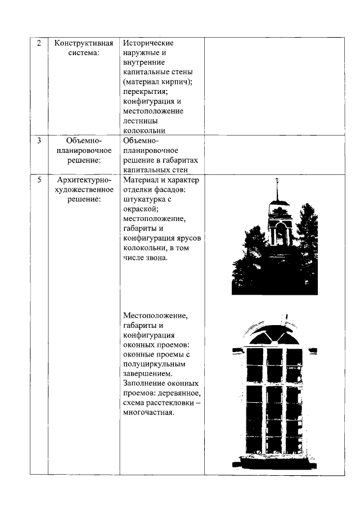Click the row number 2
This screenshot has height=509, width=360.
click(39, 43)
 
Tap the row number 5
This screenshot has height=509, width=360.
click(39, 180)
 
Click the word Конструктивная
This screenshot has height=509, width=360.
click(84, 43)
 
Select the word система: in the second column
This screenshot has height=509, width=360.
click(84, 53)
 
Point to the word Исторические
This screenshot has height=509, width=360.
click(149, 43)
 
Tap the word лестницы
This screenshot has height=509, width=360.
click(140, 121)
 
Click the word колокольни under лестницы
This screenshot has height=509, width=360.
click(143, 130)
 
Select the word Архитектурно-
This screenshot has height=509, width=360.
click(84, 180)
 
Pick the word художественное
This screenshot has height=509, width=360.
click(84, 190)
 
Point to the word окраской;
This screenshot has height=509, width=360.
click(141, 209)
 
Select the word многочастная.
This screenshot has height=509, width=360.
click(149, 412)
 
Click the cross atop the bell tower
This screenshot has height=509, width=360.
click(277, 181)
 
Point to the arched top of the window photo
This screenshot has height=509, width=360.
click(274, 335)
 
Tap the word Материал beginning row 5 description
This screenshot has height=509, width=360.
click(141, 180)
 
